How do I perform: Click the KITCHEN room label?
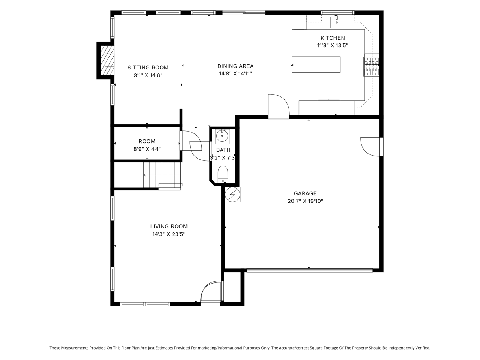[332, 38]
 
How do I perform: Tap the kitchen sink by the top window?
[336, 22]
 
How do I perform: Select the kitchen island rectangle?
[316, 64]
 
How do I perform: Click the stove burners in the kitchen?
[371, 67]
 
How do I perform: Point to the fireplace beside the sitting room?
[106, 60]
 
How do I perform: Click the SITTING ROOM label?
[148, 67]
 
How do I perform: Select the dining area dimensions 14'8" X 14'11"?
[235, 73]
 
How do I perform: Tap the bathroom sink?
[222, 136]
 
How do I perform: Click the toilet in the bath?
[223, 174]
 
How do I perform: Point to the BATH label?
[223, 150]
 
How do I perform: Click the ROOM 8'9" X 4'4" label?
[147, 145]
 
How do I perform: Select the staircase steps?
[162, 175]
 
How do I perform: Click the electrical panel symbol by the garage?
[232, 195]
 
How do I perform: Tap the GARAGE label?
[305, 193]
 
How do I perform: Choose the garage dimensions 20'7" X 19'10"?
[305, 201]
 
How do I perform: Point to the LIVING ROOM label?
[169, 226]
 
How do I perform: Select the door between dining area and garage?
[279, 106]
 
